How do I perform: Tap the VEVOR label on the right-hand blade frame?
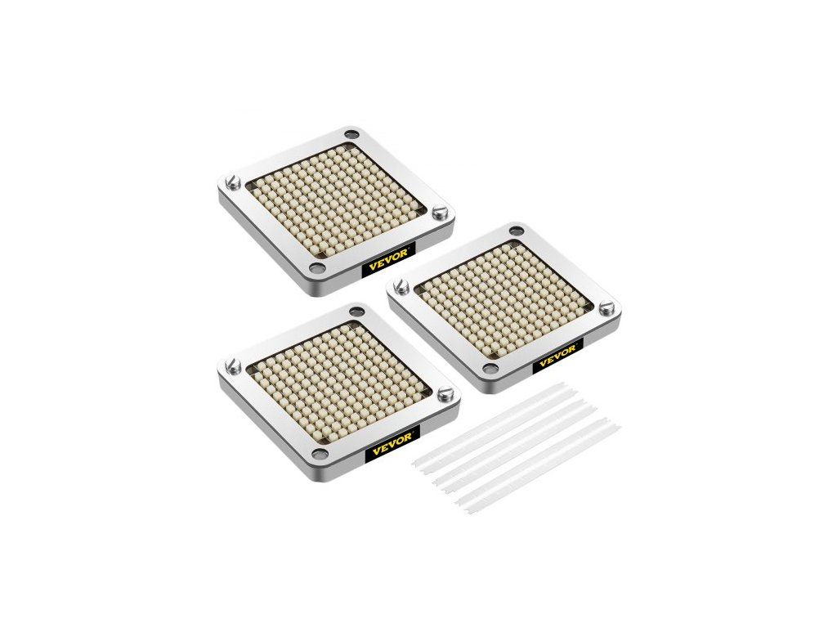pyautogui.click(x=557, y=353)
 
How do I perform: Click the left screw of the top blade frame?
pyautogui.click(x=232, y=183)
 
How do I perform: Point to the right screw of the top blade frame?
pyautogui.click(x=439, y=212)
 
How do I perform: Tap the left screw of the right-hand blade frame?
pyautogui.click(x=399, y=287)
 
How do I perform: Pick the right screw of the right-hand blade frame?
pyautogui.click(x=604, y=307)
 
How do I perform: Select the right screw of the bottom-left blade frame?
pyautogui.click(x=443, y=395)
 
